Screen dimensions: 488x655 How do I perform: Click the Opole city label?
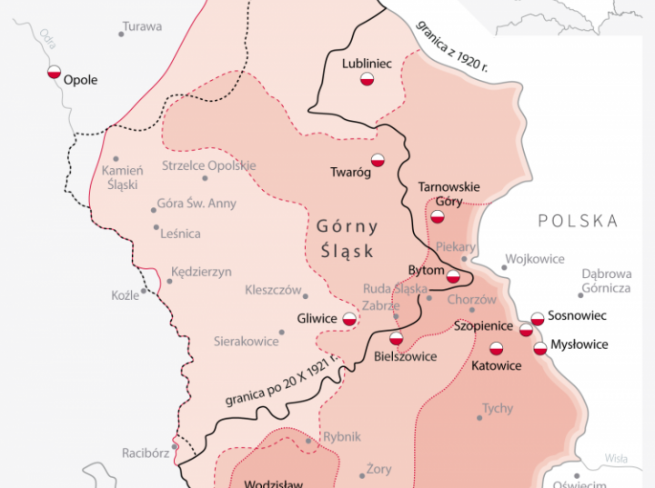[x=80, y=80]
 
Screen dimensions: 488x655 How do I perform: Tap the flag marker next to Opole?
[x=55, y=73]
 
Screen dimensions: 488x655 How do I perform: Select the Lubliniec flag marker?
[x=368, y=80]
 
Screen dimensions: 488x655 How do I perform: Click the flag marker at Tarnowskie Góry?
[x=438, y=216]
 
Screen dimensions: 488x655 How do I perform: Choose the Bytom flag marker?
[x=453, y=275]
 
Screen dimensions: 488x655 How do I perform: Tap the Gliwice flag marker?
[x=349, y=319]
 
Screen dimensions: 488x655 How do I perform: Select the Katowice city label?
[x=497, y=365]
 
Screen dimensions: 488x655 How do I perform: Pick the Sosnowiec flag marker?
[x=538, y=318]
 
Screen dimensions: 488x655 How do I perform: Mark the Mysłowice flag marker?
[x=540, y=348]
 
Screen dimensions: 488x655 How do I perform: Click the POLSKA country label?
[x=578, y=221]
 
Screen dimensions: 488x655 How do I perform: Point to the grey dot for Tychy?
[x=479, y=417]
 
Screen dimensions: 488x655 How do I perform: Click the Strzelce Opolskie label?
[x=208, y=165]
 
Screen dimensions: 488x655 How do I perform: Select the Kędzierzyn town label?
[x=201, y=272]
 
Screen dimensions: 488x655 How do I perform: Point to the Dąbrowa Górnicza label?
[x=606, y=280]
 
